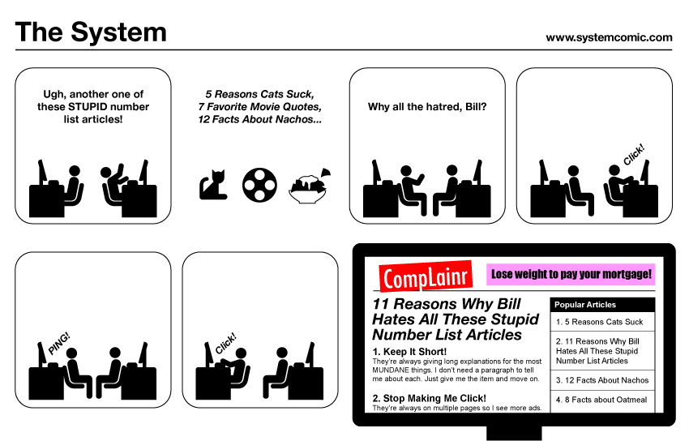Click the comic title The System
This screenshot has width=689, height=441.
(x=91, y=32)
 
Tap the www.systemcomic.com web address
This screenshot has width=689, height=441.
(x=609, y=38)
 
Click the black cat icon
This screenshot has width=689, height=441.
(x=213, y=185)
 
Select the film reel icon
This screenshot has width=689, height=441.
(x=259, y=185)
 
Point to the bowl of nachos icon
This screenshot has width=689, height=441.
(x=310, y=186)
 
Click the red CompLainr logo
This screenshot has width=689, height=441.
(x=426, y=276)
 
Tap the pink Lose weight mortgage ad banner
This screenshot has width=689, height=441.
(x=571, y=274)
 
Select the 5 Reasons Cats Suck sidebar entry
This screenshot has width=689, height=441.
(x=599, y=322)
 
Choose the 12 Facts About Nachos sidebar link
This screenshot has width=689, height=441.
(x=602, y=380)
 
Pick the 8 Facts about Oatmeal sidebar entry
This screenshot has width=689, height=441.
(x=601, y=400)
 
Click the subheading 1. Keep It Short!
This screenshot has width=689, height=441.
(x=409, y=352)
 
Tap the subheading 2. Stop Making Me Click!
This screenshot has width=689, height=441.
(x=430, y=398)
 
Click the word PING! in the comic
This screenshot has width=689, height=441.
(x=59, y=344)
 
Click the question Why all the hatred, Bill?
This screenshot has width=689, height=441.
(x=427, y=107)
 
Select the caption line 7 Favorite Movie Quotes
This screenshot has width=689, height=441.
(x=259, y=107)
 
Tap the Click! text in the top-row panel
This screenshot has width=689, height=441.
(x=634, y=155)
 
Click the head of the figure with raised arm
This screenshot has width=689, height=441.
(x=106, y=173)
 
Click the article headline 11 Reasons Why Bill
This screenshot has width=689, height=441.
(x=447, y=304)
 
